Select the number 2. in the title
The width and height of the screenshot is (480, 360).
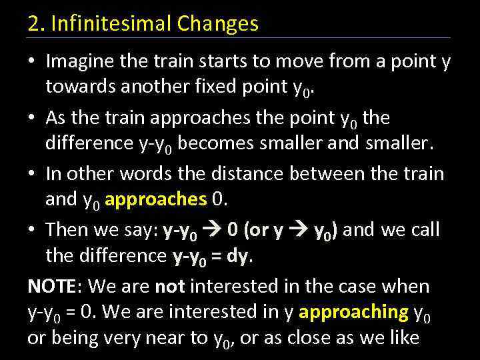click(36, 24)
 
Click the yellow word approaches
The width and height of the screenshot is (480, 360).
click(155, 199)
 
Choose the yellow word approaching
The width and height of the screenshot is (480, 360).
click(354, 312)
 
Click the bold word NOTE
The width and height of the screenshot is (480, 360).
click(52, 287)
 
